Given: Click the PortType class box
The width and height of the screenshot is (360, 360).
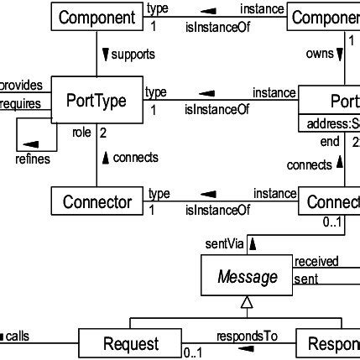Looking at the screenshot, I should [97, 101].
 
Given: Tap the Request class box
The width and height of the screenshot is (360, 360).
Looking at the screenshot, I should [130, 343].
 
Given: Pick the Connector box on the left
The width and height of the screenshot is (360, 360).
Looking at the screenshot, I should [97, 201].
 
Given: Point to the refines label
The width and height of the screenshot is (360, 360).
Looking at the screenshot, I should [32, 158].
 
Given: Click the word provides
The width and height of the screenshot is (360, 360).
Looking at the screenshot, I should [20, 86].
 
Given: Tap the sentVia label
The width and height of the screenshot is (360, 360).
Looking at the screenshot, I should [224, 243].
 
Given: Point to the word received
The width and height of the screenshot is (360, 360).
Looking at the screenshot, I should [316, 262].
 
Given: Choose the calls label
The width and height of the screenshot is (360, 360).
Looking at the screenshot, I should [17, 336].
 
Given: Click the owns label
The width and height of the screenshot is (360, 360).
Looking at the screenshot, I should [319, 53].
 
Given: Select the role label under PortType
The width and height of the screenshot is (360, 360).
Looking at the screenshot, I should [81, 133].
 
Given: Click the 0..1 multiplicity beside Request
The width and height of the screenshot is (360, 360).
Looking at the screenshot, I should [193, 353].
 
